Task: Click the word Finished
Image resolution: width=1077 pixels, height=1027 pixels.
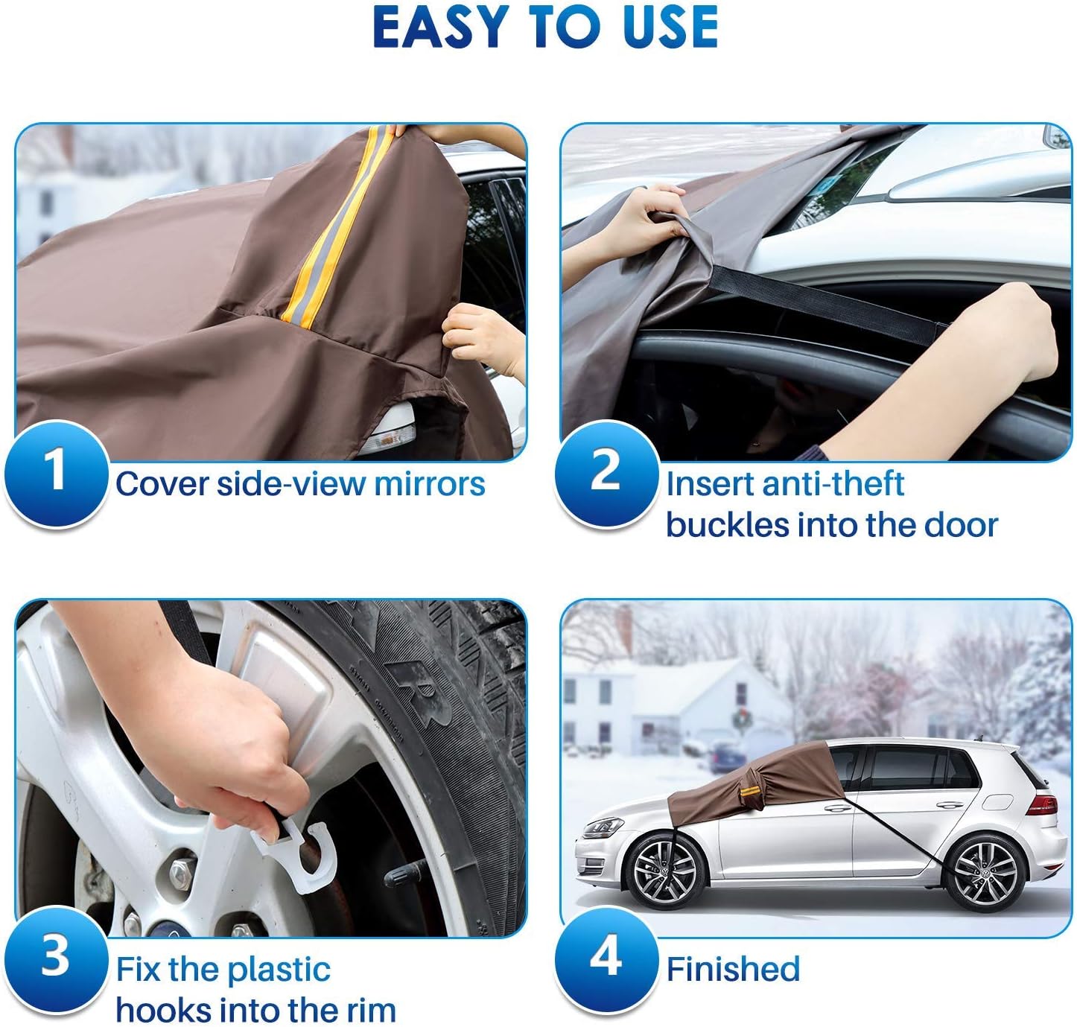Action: (733, 970)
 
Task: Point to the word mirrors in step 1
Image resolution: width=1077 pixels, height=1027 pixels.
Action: (429, 484)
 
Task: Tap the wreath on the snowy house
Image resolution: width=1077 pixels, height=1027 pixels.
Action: (741, 719)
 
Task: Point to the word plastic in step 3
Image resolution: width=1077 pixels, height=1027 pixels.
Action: (279, 970)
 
